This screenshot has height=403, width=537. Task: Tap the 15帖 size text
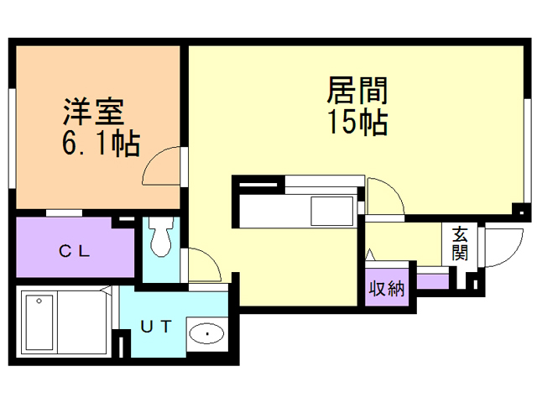[x=357, y=123]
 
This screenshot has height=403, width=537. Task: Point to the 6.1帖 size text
[x=99, y=144]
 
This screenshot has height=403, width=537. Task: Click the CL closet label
[x=75, y=249]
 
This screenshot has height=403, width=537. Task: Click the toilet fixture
[x=160, y=239]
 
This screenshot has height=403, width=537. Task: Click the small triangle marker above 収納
[x=370, y=253]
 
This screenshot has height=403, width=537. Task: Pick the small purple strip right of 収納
[x=433, y=280]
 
